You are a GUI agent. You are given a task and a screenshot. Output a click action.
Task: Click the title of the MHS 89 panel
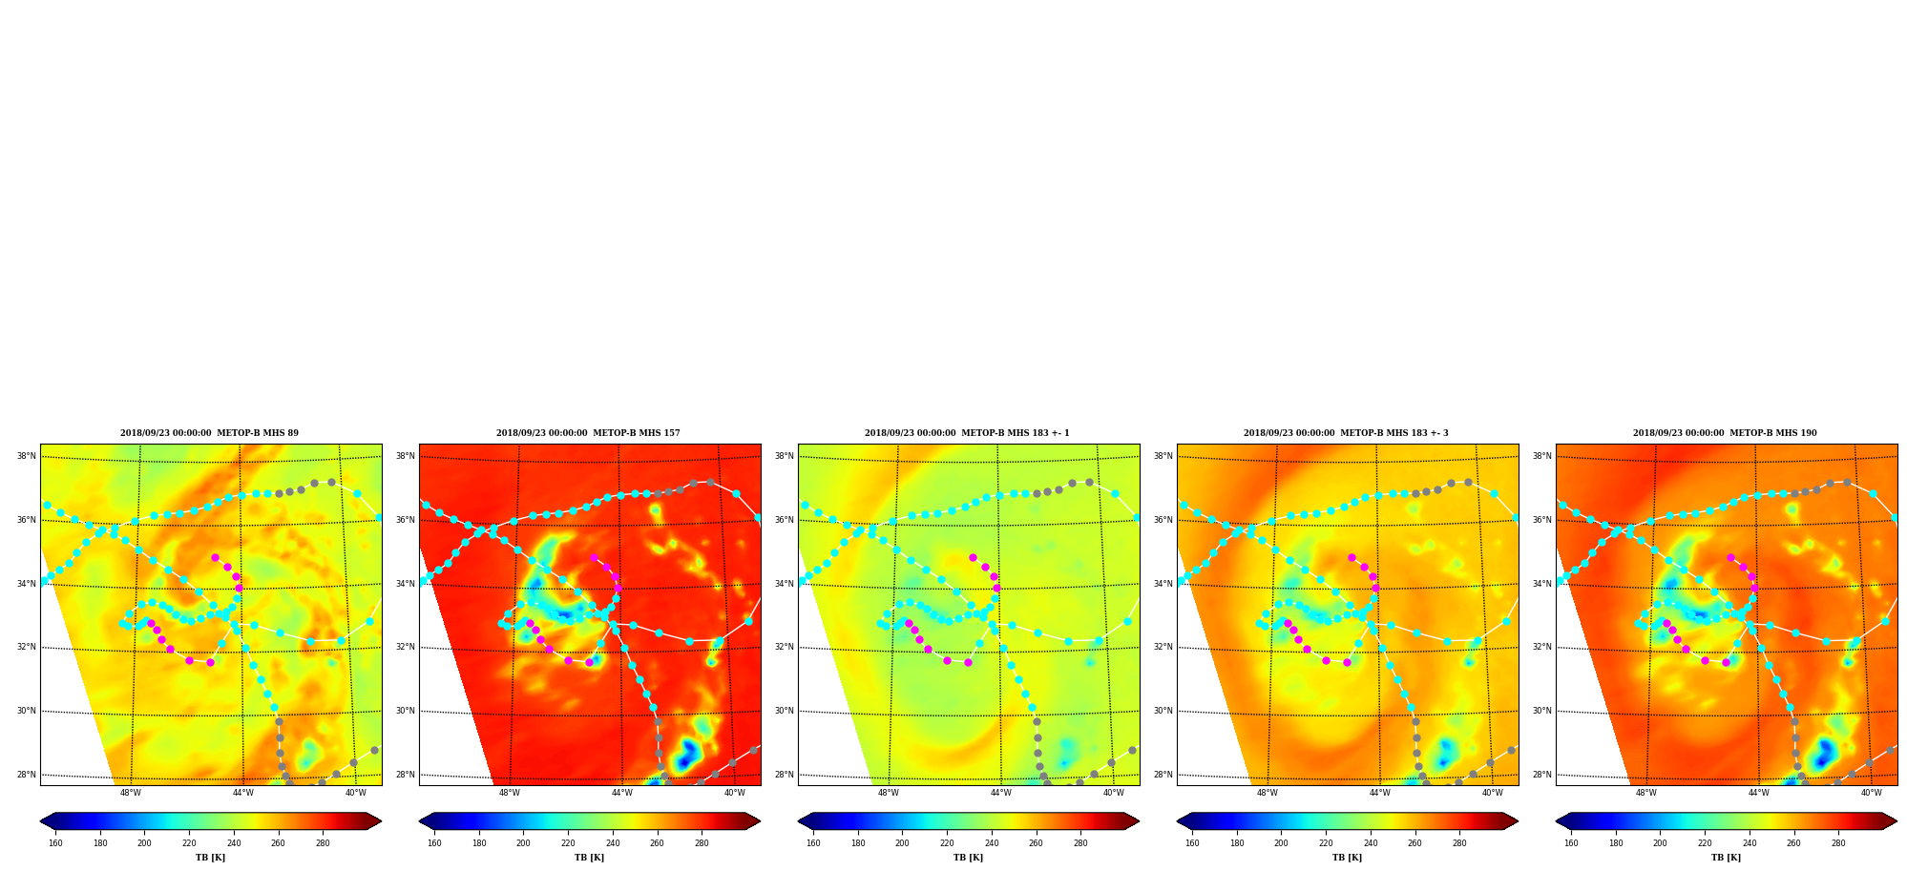click(x=209, y=433)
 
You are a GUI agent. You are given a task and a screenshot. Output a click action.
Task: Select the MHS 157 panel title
click(x=588, y=433)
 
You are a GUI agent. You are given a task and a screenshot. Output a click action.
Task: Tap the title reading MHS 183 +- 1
click(x=967, y=433)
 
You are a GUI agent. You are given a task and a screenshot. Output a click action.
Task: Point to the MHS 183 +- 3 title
click(x=1346, y=433)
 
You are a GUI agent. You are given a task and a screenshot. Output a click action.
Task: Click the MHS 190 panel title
click(x=1725, y=433)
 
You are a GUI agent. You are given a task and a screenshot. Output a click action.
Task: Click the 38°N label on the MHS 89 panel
click(x=26, y=456)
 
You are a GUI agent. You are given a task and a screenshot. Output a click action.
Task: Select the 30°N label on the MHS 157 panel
click(x=405, y=711)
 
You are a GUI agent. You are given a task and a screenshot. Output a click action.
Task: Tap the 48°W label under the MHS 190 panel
click(x=1646, y=793)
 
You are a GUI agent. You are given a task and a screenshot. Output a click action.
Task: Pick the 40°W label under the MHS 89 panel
click(x=355, y=793)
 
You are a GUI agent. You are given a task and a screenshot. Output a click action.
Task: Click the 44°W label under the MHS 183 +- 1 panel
click(x=1000, y=793)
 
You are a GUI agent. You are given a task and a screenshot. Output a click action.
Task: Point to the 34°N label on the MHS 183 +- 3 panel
click(x=1163, y=584)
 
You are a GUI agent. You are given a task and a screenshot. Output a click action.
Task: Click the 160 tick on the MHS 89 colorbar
click(x=55, y=843)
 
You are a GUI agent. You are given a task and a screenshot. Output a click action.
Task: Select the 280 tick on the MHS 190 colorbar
click(x=1838, y=843)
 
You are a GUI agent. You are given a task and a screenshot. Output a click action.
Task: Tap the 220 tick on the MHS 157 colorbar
click(x=568, y=843)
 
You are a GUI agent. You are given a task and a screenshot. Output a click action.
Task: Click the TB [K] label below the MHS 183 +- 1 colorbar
click(x=968, y=858)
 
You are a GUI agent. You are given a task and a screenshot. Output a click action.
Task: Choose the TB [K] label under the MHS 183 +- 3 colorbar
click(x=1347, y=858)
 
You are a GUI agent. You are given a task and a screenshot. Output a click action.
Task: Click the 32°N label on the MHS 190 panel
click(x=1541, y=647)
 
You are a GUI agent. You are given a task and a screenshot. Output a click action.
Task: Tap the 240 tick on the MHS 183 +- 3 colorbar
click(x=1370, y=843)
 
